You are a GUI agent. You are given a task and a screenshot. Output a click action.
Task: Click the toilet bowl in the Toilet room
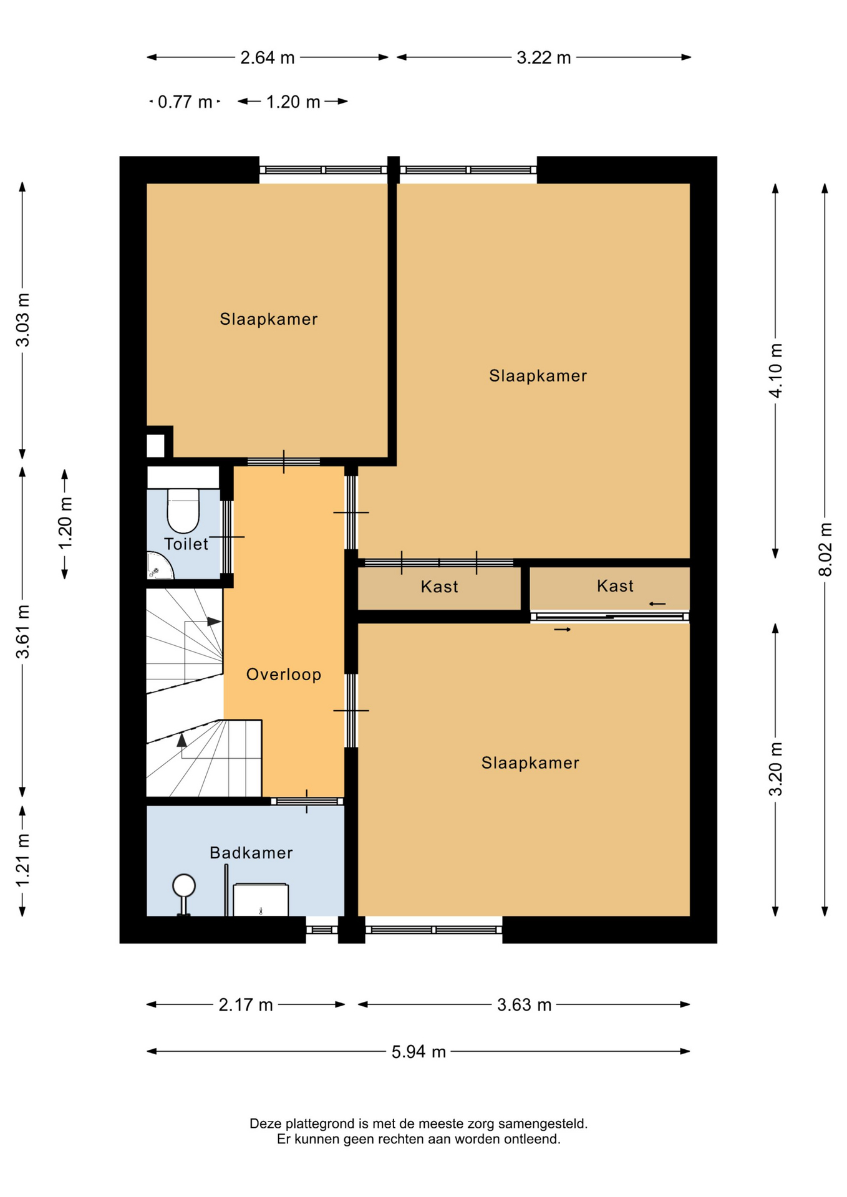[183, 511]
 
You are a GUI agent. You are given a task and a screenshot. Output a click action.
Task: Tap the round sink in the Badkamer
[184, 885]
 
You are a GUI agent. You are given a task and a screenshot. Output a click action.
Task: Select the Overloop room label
[284, 674]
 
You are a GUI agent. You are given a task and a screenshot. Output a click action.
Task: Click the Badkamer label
[251, 852]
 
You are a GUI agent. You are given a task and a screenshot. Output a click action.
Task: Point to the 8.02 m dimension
[825, 549]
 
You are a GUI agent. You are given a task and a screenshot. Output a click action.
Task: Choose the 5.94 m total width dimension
[419, 1052]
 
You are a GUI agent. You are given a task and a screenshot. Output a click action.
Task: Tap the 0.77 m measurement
[185, 102]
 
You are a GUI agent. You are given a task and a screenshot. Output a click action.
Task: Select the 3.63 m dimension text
[524, 1004]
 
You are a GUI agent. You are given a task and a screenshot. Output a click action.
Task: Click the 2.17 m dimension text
[246, 1004]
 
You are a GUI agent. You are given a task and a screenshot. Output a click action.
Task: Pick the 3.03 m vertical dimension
[23, 320]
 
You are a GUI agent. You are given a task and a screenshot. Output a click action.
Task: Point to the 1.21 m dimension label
[23, 860]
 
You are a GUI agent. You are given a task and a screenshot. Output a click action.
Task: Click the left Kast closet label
[440, 587]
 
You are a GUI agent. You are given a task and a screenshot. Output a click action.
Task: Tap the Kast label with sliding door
[615, 586]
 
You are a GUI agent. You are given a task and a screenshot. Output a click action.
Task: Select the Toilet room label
[186, 544]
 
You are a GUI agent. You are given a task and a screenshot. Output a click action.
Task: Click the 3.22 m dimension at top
[543, 57]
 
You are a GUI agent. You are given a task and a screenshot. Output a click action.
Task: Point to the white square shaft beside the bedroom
[155, 446]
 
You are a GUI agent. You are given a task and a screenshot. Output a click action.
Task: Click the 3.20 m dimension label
[775, 769]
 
